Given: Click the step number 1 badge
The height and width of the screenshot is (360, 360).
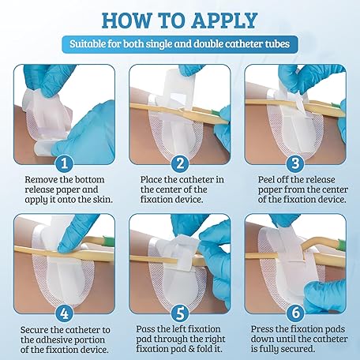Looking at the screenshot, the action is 65,163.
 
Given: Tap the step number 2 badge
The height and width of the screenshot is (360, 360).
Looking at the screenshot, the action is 180,163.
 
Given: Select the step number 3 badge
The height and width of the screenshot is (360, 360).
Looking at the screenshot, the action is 295,163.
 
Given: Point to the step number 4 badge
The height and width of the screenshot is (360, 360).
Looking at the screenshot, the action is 65,313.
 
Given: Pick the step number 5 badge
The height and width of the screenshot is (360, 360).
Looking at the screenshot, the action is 180,313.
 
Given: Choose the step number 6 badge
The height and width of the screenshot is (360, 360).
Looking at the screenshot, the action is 295,313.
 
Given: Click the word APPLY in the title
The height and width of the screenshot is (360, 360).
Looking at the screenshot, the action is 224,21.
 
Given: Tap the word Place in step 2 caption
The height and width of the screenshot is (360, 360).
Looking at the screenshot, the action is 151,180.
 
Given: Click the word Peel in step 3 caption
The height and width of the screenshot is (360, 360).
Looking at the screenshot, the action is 266,180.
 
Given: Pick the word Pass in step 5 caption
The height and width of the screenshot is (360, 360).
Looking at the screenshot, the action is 144,329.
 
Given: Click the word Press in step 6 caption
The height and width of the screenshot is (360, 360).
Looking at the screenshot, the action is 261,329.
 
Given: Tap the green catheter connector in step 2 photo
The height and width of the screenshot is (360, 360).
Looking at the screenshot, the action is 216,114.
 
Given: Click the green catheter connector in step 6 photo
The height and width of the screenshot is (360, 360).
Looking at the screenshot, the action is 341,242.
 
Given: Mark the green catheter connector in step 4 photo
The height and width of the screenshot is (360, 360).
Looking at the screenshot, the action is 108,240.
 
